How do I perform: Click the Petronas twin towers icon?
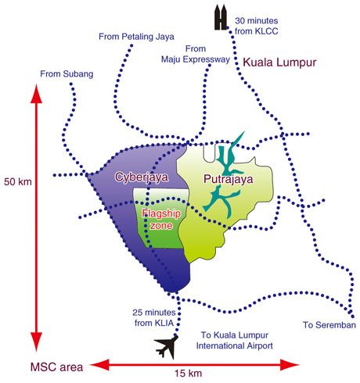(x=221, y=17)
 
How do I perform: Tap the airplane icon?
(x=167, y=346)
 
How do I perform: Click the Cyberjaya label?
(x=142, y=177)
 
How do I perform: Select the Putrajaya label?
(x=229, y=179)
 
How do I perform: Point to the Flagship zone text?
(x=161, y=220)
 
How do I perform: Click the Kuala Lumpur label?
(x=279, y=63)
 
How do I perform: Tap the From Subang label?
(x=67, y=74)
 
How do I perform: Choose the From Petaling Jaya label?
(x=136, y=37)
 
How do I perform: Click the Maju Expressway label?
(x=196, y=59)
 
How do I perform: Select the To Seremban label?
(x=329, y=325)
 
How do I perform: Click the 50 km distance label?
(x=18, y=181)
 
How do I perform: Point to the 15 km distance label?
(x=188, y=373)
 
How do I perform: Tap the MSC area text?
(x=56, y=367)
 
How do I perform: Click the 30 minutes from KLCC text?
(x=257, y=26)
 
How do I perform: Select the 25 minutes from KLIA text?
(x=154, y=317)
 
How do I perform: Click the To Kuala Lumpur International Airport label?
(x=234, y=340)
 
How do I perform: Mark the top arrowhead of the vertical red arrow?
(x=36, y=94)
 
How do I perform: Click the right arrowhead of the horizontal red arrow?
(x=290, y=364)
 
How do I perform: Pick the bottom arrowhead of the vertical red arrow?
(x=36, y=342)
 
